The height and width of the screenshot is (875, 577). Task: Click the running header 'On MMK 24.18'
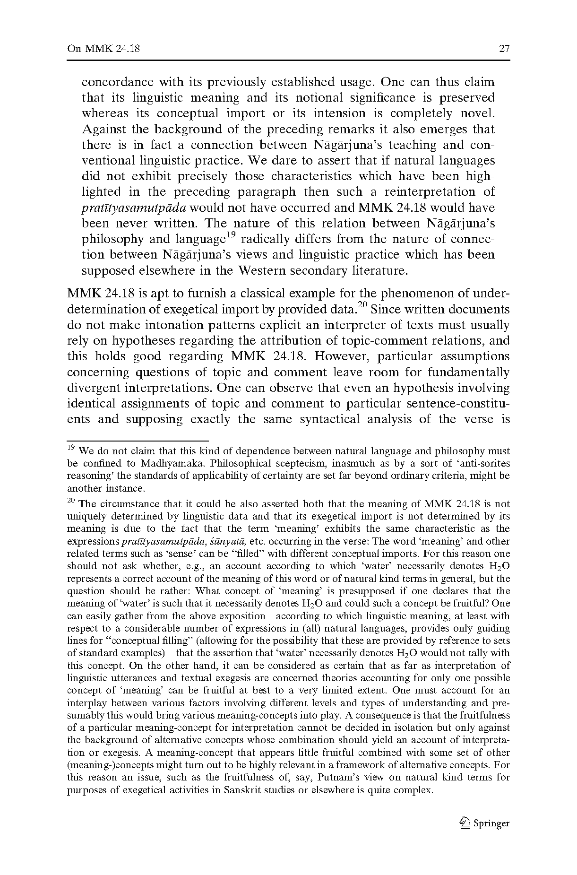(103, 49)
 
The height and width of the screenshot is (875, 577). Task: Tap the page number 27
(504, 49)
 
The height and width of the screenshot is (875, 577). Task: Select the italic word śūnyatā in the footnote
(229, 541)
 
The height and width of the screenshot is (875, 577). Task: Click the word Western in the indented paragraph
(261, 270)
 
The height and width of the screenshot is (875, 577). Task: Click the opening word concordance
(118, 82)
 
